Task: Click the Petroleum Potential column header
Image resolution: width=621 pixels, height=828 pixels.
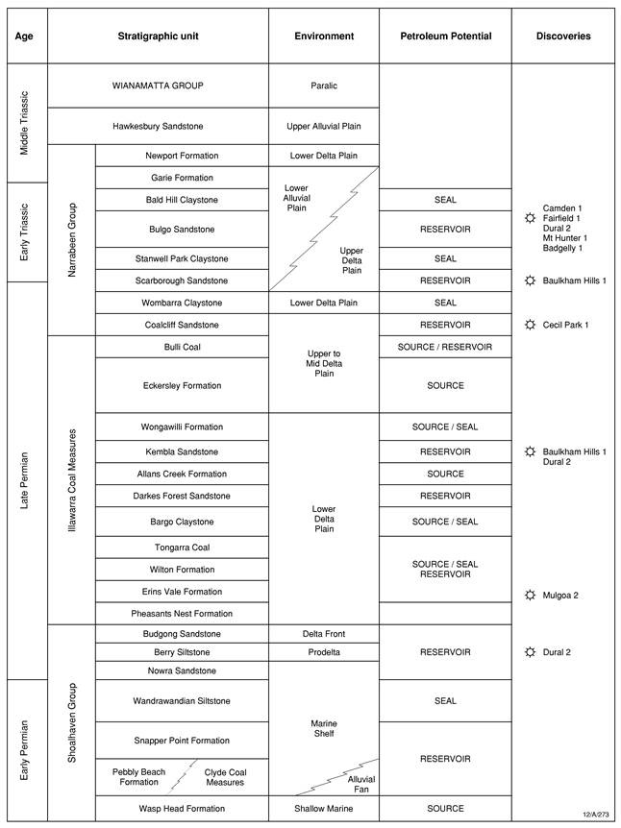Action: (445, 37)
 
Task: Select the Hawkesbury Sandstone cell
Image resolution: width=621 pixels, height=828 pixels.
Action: (158, 127)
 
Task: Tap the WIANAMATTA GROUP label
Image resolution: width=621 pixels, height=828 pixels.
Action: (158, 85)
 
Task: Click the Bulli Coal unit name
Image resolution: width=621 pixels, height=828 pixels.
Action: (182, 346)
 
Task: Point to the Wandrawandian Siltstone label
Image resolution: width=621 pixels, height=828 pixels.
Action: (182, 700)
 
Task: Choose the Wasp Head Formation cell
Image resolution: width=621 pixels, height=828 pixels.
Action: (182, 809)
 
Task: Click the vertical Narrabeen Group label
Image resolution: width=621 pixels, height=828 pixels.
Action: (71, 239)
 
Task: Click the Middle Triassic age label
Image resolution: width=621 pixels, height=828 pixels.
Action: (26, 122)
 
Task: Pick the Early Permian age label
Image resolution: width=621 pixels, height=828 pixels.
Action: (26, 749)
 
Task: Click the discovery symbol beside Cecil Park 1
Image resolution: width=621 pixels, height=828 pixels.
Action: (528, 325)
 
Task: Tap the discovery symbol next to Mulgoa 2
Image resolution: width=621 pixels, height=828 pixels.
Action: (528, 595)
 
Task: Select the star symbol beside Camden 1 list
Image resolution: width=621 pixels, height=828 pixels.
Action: (528, 219)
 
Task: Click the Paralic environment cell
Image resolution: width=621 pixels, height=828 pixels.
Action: (324, 85)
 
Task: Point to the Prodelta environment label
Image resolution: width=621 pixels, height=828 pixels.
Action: (324, 652)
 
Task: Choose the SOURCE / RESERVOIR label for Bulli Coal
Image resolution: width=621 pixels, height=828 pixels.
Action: (445, 346)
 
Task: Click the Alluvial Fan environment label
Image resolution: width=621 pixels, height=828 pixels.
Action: (361, 786)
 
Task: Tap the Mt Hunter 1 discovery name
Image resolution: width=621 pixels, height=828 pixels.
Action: (564, 237)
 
